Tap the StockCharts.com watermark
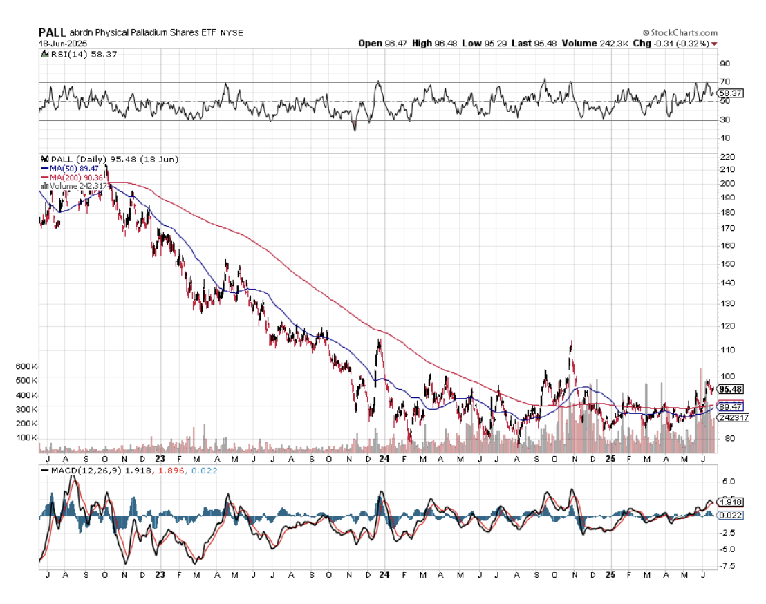[x=680, y=32]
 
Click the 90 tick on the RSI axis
[x=725, y=64]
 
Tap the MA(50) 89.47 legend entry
[x=66, y=168]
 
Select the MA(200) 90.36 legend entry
[x=68, y=176]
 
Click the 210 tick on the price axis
[x=727, y=169]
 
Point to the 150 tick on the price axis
[x=727, y=264]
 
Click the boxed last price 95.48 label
[x=730, y=389]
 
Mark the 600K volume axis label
[x=26, y=366]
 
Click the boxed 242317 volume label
[x=732, y=417]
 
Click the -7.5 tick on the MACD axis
[x=728, y=566]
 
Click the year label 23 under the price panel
[x=160, y=458]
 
